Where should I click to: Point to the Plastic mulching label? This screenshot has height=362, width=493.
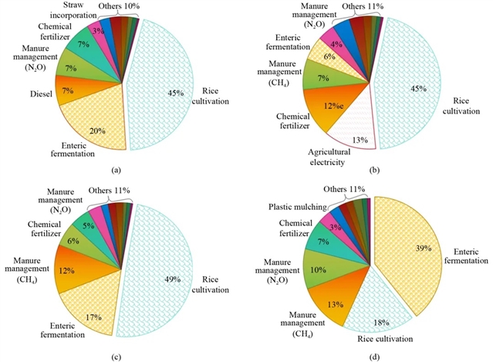click(295, 208)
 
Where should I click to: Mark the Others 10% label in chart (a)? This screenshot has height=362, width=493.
click(120, 6)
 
